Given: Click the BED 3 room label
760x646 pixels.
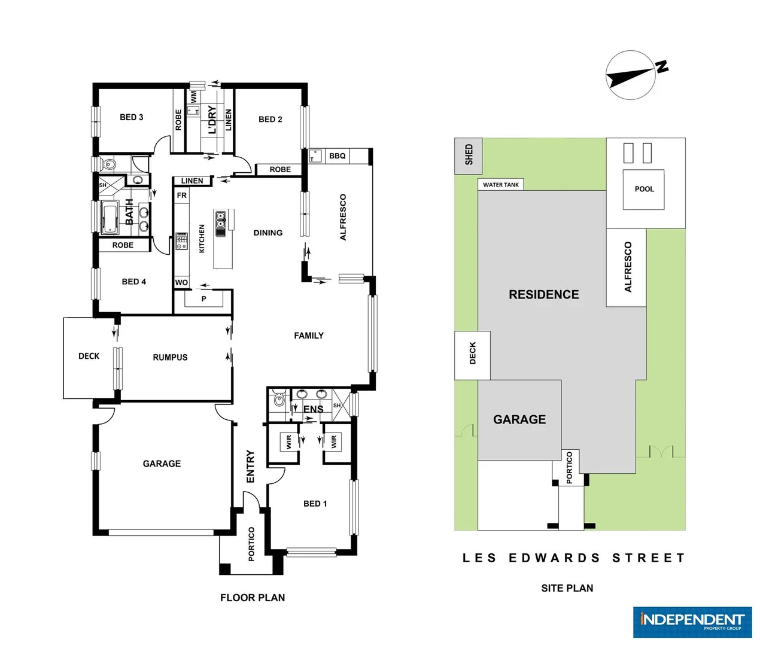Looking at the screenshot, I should click(131, 117).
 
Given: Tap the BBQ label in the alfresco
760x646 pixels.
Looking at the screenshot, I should click(337, 156).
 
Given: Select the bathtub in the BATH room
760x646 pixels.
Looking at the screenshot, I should click(111, 217).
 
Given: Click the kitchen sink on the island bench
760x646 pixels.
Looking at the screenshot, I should click(220, 223).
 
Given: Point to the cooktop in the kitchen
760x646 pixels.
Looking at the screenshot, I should click(181, 241).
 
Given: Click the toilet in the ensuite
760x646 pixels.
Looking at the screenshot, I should click(278, 400).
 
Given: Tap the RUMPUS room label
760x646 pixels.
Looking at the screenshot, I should click(170, 357).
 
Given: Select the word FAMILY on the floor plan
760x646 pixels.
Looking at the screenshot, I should click(309, 336).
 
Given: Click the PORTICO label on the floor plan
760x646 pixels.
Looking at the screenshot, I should click(251, 544).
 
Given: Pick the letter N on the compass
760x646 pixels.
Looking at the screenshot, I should click(661, 66).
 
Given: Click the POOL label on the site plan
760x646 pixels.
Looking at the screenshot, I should click(644, 189).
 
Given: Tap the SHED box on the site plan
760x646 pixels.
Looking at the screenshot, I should click(469, 155).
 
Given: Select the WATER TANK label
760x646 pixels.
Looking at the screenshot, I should click(501, 185).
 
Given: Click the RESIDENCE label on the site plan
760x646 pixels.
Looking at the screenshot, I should click(543, 294).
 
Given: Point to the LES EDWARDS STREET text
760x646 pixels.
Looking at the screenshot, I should click(573, 558).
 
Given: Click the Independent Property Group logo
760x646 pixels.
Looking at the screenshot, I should click(692, 622).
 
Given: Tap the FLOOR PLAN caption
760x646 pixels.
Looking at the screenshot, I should click(253, 598).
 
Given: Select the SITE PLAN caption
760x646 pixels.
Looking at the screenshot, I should click(567, 588).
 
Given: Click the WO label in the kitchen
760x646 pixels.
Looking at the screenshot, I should click(181, 282).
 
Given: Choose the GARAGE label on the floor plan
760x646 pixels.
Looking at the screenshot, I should click(162, 464).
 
